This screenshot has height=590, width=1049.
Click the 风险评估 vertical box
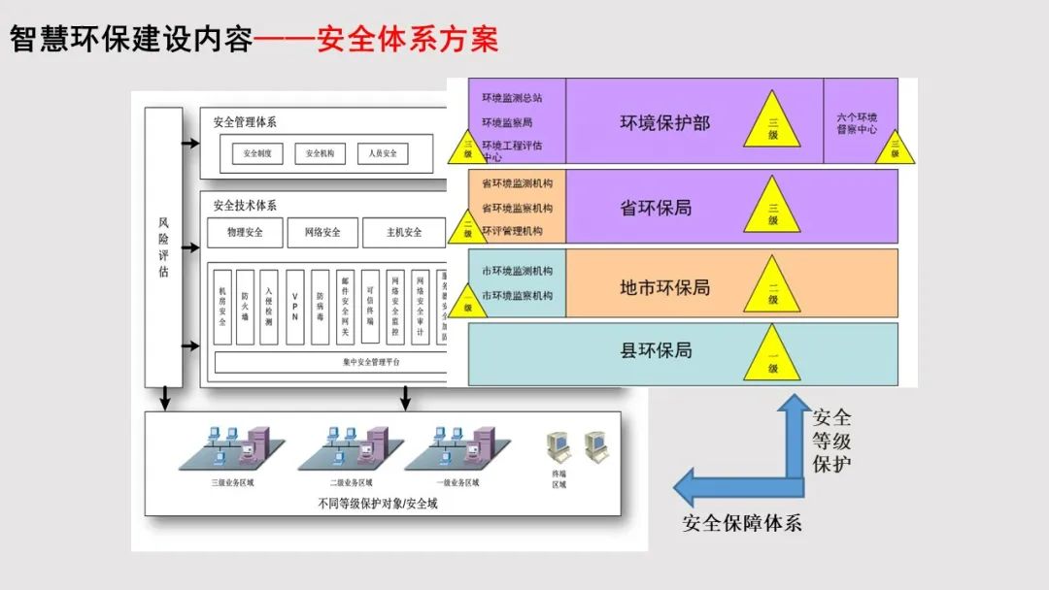click(x=163, y=247)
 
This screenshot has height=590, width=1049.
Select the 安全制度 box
click(x=257, y=153)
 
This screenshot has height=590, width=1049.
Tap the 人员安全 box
click(x=383, y=153)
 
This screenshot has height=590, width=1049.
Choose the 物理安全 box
click(x=244, y=233)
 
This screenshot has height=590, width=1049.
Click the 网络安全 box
click(x=321, y=233)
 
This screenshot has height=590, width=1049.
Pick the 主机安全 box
click(x=403, y=233)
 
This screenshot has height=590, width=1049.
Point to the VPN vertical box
click(x=294, y=307)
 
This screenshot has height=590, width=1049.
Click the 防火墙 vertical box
click(x=246, y=307)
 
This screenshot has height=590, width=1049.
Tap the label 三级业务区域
click(x=230, y=482)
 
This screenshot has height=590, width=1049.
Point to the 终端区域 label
click(x=559, y=478)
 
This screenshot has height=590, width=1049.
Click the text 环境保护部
click(x=665, y=123)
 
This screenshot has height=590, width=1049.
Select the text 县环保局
click(x=657, y=350)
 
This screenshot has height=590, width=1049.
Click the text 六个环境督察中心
click(x=858, y=123)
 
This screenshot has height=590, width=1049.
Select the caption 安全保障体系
click(x=742, y=523)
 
